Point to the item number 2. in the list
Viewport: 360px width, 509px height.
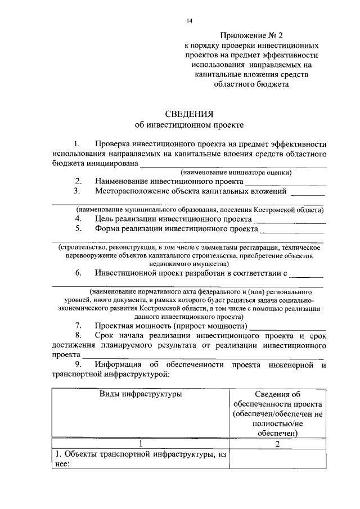(79, 182)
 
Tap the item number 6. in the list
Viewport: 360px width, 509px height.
(79, 273)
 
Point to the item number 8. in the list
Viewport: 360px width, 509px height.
(79, 336)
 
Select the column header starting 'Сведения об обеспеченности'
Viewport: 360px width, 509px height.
(278, 413)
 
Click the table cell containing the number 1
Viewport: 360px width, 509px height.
(141, 444)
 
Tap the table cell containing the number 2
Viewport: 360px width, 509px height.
(278, 444)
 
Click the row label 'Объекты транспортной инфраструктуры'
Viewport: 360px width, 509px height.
(141, 459)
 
